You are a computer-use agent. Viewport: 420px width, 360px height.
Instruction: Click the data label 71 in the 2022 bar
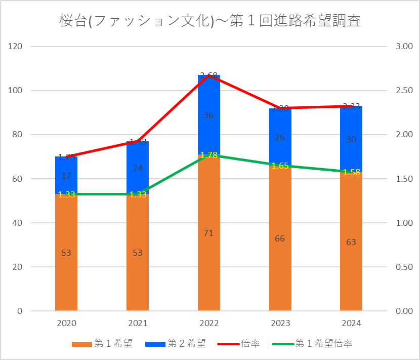[209, 233]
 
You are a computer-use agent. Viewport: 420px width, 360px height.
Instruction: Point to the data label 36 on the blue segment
[209, 115]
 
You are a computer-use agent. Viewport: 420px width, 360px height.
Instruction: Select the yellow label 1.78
[209, 155]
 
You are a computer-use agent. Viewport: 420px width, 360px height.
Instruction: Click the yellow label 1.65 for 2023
[280, 166]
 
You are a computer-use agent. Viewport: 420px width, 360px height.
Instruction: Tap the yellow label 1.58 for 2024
[351, 172]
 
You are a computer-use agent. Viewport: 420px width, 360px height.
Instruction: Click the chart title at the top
[210, 21]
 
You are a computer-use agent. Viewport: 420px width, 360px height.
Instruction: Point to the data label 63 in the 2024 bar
[351, 243]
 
